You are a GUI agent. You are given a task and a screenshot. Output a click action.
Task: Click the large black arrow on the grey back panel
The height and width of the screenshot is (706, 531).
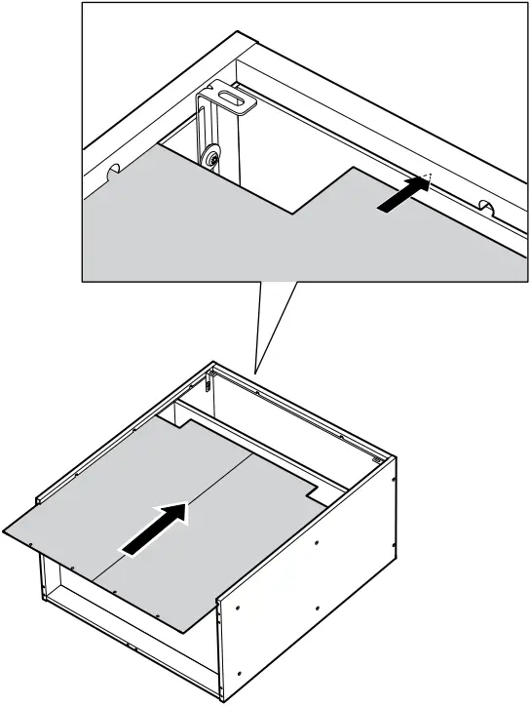[155, 529]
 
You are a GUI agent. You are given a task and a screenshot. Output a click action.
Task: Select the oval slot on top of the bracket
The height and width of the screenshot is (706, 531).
[232, 98]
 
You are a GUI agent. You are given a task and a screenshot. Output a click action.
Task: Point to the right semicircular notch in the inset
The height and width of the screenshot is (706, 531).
[484, 207]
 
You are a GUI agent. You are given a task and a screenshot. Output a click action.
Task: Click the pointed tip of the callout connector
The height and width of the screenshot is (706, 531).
[255, 373]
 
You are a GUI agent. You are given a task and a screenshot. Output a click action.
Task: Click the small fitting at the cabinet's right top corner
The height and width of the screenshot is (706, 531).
[377, 453]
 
